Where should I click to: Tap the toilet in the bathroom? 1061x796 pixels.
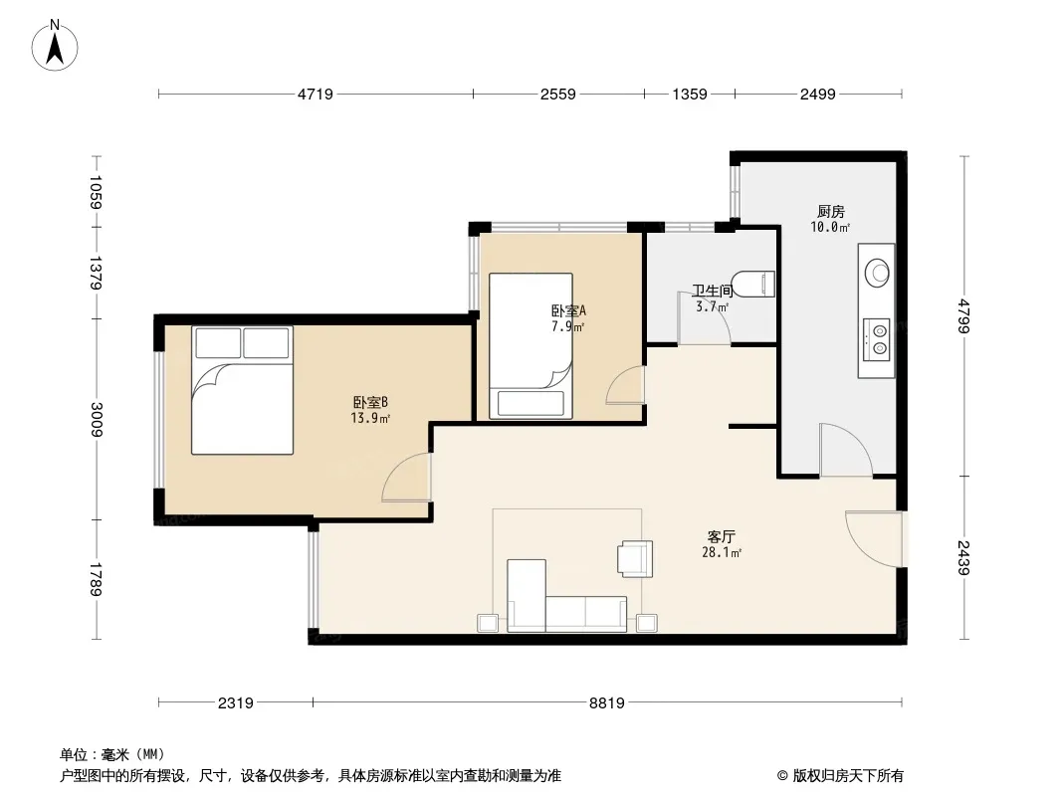click(x=753, y=284)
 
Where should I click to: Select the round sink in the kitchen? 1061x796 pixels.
click(x=878, y=273)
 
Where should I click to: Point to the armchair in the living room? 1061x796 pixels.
click(x=635, y=558)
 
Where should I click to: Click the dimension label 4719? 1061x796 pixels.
click(x=316, y=95)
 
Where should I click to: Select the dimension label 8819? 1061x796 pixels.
click(x=606, y=703)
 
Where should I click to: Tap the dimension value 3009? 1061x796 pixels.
click(x=97, y=419)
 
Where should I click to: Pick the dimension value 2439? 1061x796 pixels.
click(x=964, y=557)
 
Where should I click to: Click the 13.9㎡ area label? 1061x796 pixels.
click(x=370, y=418)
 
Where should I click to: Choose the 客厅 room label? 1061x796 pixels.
click(x=722, y=537)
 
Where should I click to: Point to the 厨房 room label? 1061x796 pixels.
click(x=830, y=212)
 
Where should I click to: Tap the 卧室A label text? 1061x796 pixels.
click(x=568, y=311)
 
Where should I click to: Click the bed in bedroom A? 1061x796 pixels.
click(x=530, y=345)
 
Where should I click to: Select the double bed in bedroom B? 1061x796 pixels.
click(x=242, y=390)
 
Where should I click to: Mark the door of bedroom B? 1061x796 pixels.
click(x=407, y=478)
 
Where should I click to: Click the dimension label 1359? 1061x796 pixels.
click(x=690, y=95)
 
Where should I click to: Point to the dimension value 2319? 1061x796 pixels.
click(x=236, y=703)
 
